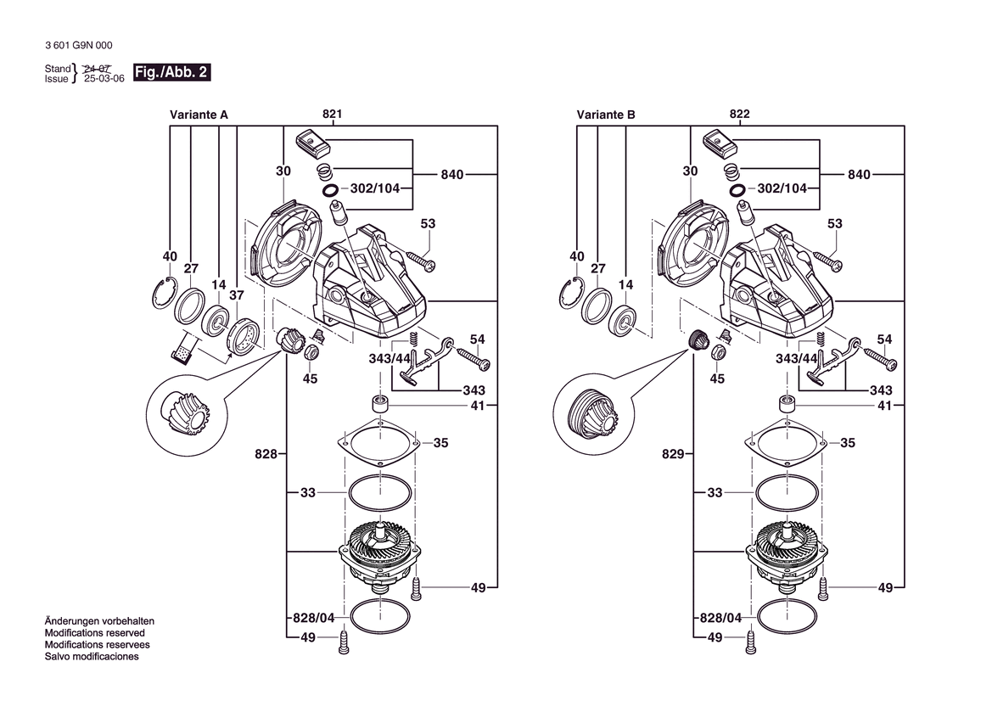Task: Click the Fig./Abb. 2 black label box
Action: [x=171, y=72]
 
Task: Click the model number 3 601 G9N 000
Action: [x=79, y=46]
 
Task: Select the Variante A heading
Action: [x=199, y=115]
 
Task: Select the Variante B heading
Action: [x=605, y=115]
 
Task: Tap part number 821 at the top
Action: [x=332, y=114]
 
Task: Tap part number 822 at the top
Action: [x=739, y=114]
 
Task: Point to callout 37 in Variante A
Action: [x=237, y=294]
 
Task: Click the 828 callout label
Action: [x=266, y=454]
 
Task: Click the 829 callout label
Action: [x=673, y=454]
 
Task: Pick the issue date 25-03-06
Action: [x=104, y=79]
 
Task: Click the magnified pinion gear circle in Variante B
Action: [x=592, y=416]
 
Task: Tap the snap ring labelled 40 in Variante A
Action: [x=163, y=292]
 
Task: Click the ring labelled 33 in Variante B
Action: [x=787, y=492]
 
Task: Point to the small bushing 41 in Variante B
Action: [x=787, y=404]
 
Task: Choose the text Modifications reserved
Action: [x=95, y=632]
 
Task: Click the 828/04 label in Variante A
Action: [x=314, y=618]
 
